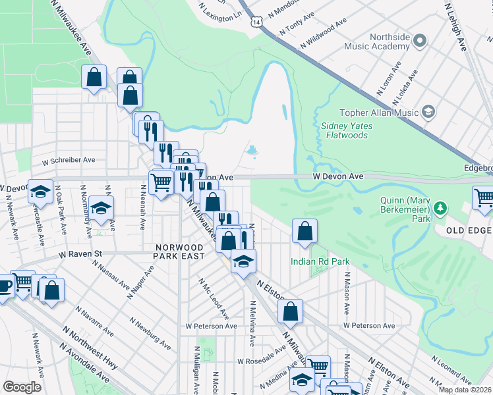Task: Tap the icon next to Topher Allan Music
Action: [428, 112]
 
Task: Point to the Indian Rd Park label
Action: [320, 261]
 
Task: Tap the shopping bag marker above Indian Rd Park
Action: [304, 232]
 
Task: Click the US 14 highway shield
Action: [256, 21]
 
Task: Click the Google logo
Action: [22, 386]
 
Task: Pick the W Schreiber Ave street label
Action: [69, 160]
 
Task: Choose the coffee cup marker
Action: [4, 286]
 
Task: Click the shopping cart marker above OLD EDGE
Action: [484, 197]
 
